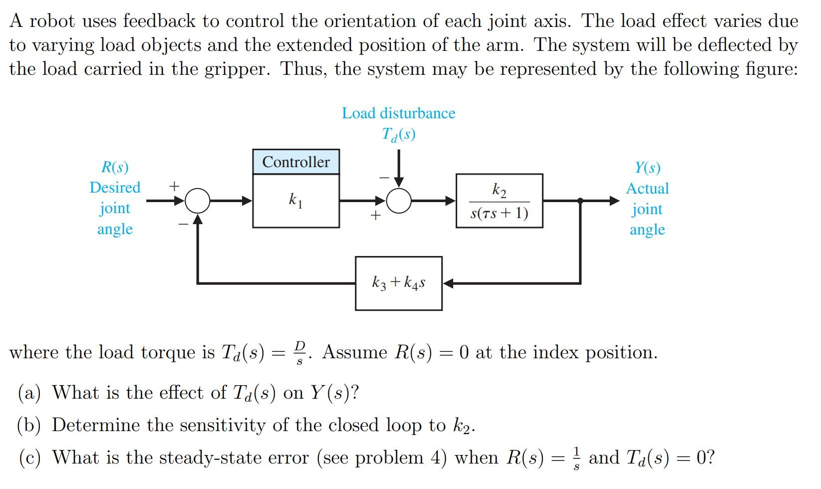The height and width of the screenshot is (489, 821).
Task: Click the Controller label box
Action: click(296, 162)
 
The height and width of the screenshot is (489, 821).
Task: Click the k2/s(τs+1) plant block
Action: click(499, 201)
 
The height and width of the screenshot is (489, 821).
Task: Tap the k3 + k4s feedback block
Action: click(398, 283)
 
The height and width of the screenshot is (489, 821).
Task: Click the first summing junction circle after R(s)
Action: click(198, 201)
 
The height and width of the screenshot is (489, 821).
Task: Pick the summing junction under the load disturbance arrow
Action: click(399, 201)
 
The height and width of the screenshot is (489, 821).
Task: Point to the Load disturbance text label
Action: click(398, 113)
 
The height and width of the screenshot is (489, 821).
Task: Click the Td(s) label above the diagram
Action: click(398, 134)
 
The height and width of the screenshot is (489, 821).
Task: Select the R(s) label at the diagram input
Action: click(115, 167)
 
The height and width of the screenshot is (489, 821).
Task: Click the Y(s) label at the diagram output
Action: click(647, 168)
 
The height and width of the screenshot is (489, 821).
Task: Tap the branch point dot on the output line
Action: click(580, 201)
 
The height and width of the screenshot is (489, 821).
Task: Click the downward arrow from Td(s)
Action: click(399, 170)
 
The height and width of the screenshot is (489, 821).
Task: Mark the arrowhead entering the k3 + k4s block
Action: click(448, 283)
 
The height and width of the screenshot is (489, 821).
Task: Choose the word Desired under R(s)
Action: click(115, 188)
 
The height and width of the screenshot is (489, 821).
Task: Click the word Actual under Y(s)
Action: click(647, 189)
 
